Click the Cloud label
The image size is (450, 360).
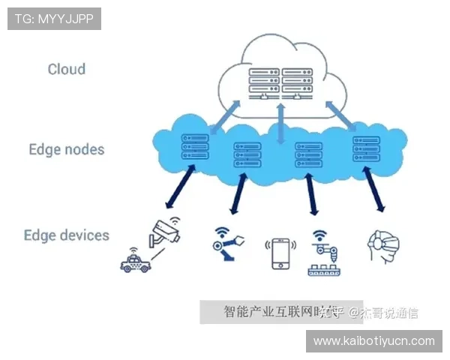(x=67, y=69)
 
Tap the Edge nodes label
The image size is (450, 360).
(x=67, y=148)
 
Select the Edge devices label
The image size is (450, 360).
(x=67, y=235)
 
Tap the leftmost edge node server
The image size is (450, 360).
(x=194, y=146)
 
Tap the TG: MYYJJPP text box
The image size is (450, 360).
(x=54, y=19)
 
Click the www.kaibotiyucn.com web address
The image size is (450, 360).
(x=374, y=341)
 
